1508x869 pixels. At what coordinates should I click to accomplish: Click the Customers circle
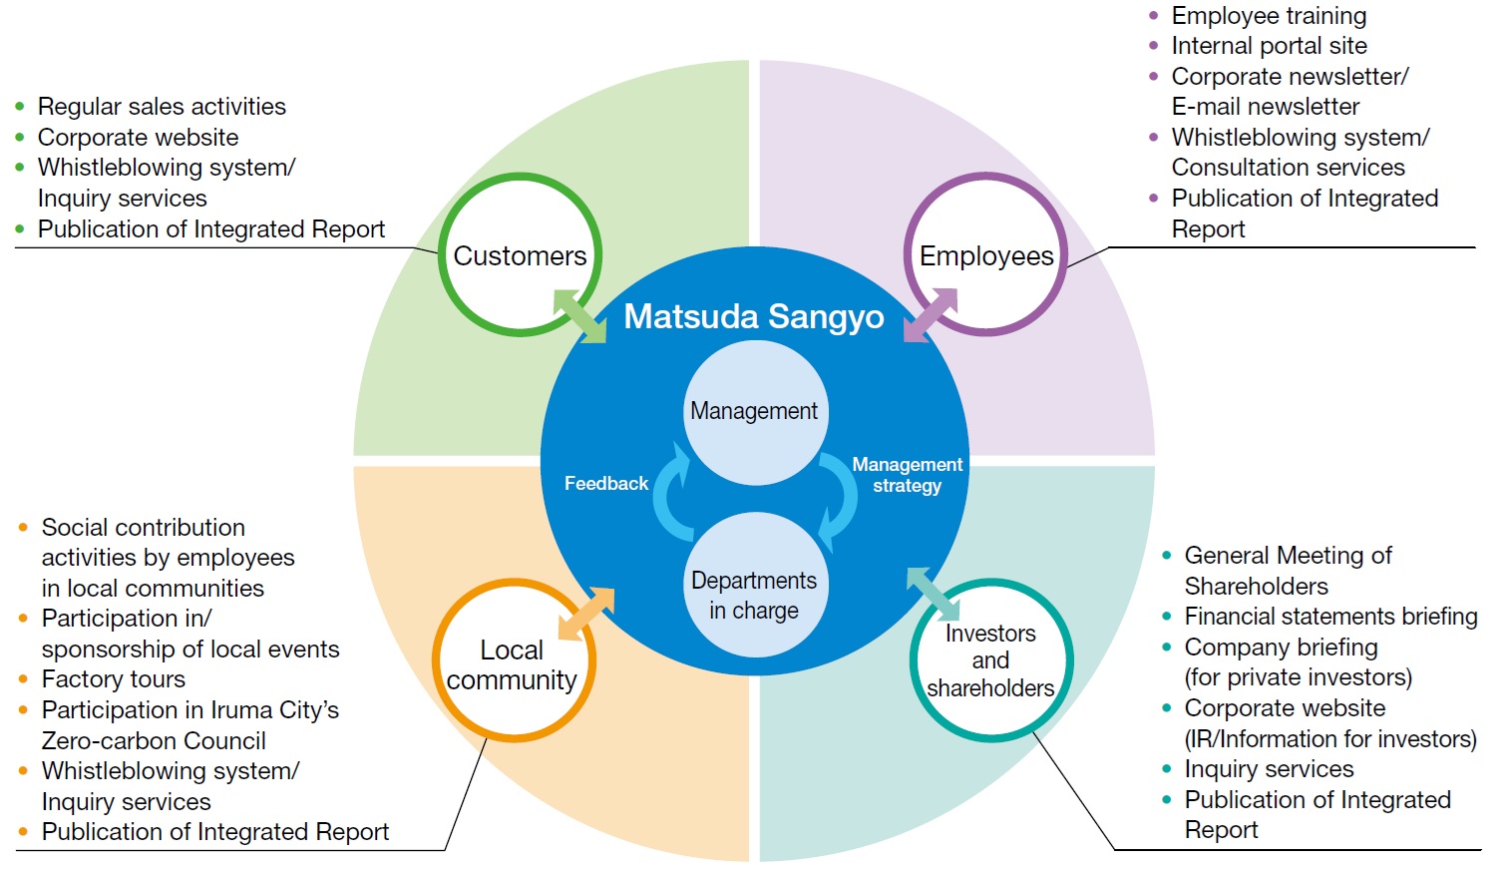(520, 255)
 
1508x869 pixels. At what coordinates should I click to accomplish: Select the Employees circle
(985, 255)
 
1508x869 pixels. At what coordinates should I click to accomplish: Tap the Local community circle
(513, 663)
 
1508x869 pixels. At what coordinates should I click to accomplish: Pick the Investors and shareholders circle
(990, 660)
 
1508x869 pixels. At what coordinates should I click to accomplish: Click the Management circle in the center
(754, 411)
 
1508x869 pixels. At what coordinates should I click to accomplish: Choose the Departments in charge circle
(754, 595)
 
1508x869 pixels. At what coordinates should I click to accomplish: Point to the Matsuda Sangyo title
(754, 316)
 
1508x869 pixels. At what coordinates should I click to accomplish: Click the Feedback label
(606, 484)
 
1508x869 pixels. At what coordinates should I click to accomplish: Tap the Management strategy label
(907, 475)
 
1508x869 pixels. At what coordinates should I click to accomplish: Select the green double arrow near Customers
(579, 316)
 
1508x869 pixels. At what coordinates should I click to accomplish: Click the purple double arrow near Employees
(930, 315)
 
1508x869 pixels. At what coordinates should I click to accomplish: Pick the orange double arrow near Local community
(586, 614)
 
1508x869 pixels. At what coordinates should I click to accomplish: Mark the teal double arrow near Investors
(933, 594)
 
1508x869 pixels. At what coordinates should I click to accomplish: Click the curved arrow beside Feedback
(672, 494)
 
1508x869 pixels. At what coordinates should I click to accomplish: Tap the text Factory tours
(114, 679)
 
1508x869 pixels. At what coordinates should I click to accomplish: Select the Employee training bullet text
(1269, 16)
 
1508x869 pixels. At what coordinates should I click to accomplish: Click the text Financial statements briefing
(1330, 617)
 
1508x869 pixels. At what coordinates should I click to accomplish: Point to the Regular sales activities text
(162, 107)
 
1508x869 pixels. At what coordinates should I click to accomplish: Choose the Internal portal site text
(1269, 46)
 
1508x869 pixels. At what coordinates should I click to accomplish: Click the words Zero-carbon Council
(154, 741)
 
